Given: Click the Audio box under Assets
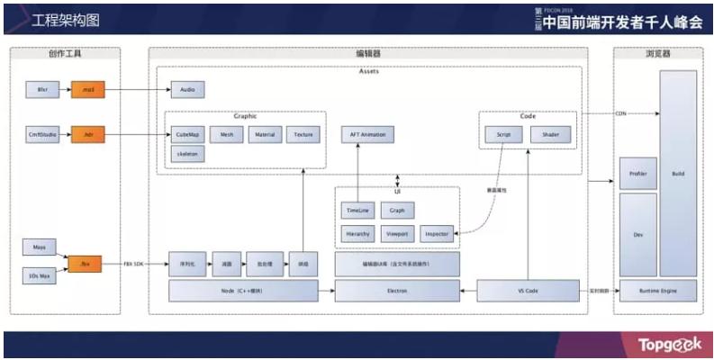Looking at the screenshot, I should (188, 90).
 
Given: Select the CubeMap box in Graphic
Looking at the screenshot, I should (188, 135).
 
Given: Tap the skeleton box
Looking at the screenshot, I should (188, 154).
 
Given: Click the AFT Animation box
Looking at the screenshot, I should (366, 135).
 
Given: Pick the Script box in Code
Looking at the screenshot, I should (503, 135).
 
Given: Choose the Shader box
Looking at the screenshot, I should (550, 135).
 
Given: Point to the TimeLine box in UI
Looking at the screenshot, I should (357, 211).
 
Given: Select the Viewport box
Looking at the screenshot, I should (397, 234).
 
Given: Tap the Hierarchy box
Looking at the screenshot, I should (357, 234).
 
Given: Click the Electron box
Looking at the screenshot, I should (397, 290).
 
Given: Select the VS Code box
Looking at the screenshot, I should (527, 290).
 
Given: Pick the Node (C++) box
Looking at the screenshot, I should (244, 290).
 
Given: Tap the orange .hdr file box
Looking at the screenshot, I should (87, 135).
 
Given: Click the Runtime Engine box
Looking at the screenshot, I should (658, 290).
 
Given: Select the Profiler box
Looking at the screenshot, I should (637, 173).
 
